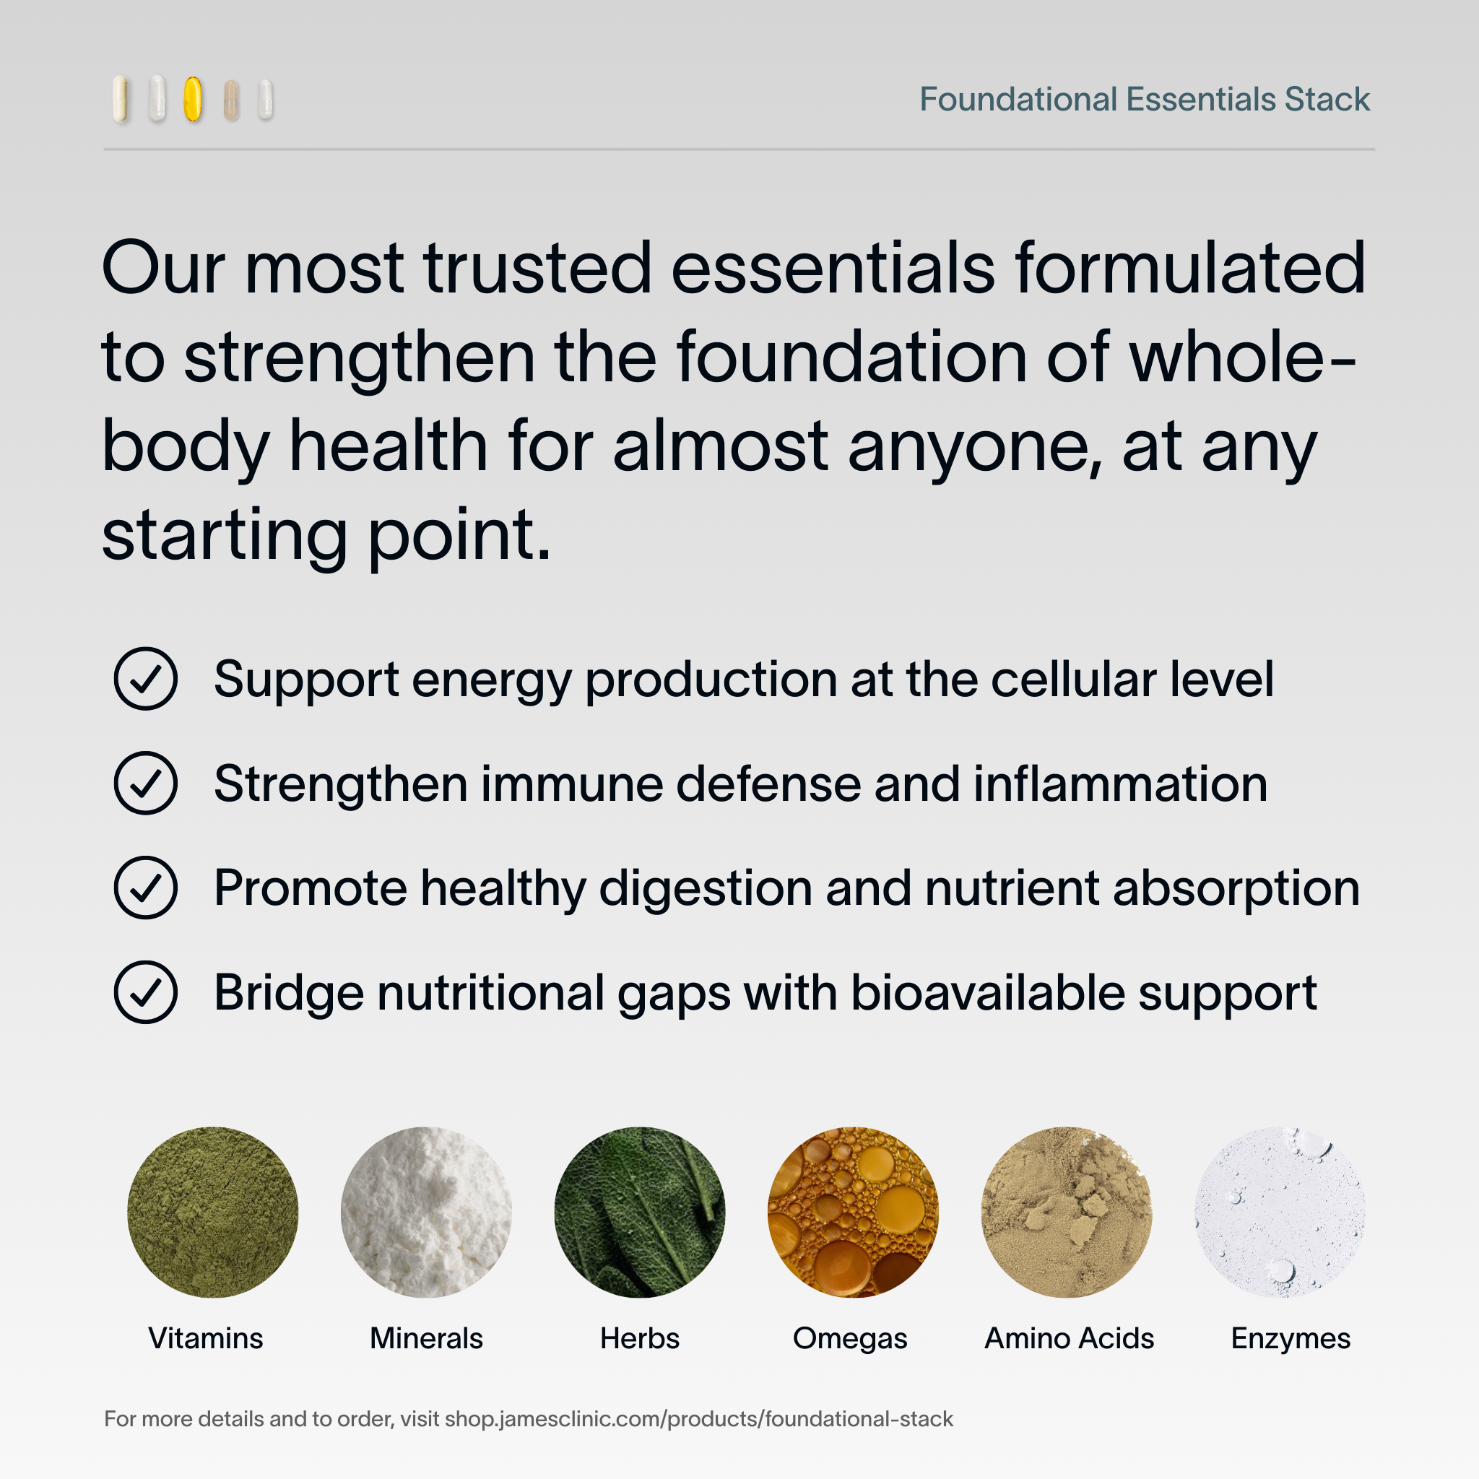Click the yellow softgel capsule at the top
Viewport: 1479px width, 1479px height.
pyautogui.click(x=193, y=99)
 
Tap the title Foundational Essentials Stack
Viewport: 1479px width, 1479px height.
pyautogui.click(x=1144, y=100)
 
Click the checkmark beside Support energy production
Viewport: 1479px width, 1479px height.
pyautogui.click(x=145, y=679)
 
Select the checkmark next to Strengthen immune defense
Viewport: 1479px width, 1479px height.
pyautogui.click(x=145, y=783)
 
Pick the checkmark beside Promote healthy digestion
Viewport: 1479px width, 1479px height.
pyautogui.click(x=145, y=888)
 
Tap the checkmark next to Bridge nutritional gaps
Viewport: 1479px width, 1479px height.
pyautogui.click(x=145, y=992)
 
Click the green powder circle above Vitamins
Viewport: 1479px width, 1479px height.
pyautogui.click(x=213, y=1212)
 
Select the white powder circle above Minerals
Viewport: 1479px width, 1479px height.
pyautogui.click(x=426, y=1212)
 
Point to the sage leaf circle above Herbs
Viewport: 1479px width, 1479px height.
pyautogui.click(x=640, y=1212)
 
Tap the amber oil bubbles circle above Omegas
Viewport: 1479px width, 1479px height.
pyautogui.click(x=853, y=1212)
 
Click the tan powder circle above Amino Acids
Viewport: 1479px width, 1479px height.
pyautogui.click(x=1067, y=1212)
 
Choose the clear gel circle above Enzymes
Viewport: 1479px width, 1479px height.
pyautogui.click(x=1280, y=1212)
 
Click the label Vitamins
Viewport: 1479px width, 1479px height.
pyautogui.click(x=205, y=1338)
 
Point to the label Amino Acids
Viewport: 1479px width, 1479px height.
pyautogui.click(x=1069, y=1338)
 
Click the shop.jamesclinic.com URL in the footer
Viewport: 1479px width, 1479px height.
pyautogui.click(x=699, y=1418)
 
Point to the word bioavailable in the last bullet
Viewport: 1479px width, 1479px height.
pyautogui.click(x=987, y=992)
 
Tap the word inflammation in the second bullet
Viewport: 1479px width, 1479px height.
pyautogui.click(x=1121, y=783)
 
